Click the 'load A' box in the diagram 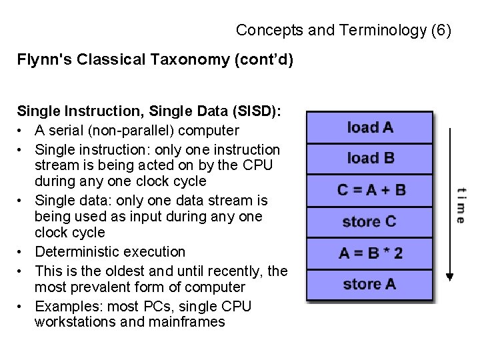370,127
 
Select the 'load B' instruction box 370,159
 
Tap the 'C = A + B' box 370,190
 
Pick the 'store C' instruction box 370,221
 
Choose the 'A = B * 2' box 370,253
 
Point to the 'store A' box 370,284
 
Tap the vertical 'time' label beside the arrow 461,204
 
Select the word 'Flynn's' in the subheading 42,60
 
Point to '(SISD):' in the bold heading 255,111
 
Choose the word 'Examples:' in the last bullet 65,305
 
